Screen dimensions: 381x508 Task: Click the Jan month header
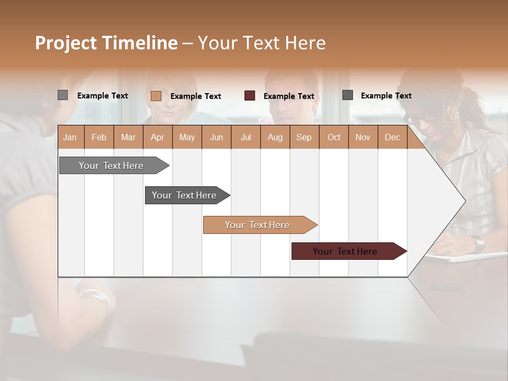pos(70,137)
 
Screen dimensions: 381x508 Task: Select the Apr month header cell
pos(158,137)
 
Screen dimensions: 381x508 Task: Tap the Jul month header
pos(246,137)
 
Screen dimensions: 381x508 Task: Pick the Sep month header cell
pos(304,137)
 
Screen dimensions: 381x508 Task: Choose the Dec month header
pos(392,137)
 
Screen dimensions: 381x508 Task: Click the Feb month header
pos(99,137)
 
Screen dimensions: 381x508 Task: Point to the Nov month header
pos(363,137)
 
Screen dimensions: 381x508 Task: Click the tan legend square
pos(156,96)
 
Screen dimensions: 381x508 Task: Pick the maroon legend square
pos(250,96)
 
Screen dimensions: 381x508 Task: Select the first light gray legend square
pos(63,95)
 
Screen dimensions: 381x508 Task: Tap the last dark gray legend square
pos(348,95)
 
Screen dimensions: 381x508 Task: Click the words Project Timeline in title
pos(106,42)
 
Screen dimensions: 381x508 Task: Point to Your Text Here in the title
pos(261,42)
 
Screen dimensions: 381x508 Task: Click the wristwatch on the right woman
pos(479,244)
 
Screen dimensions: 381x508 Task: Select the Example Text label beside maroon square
pos(289,96)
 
